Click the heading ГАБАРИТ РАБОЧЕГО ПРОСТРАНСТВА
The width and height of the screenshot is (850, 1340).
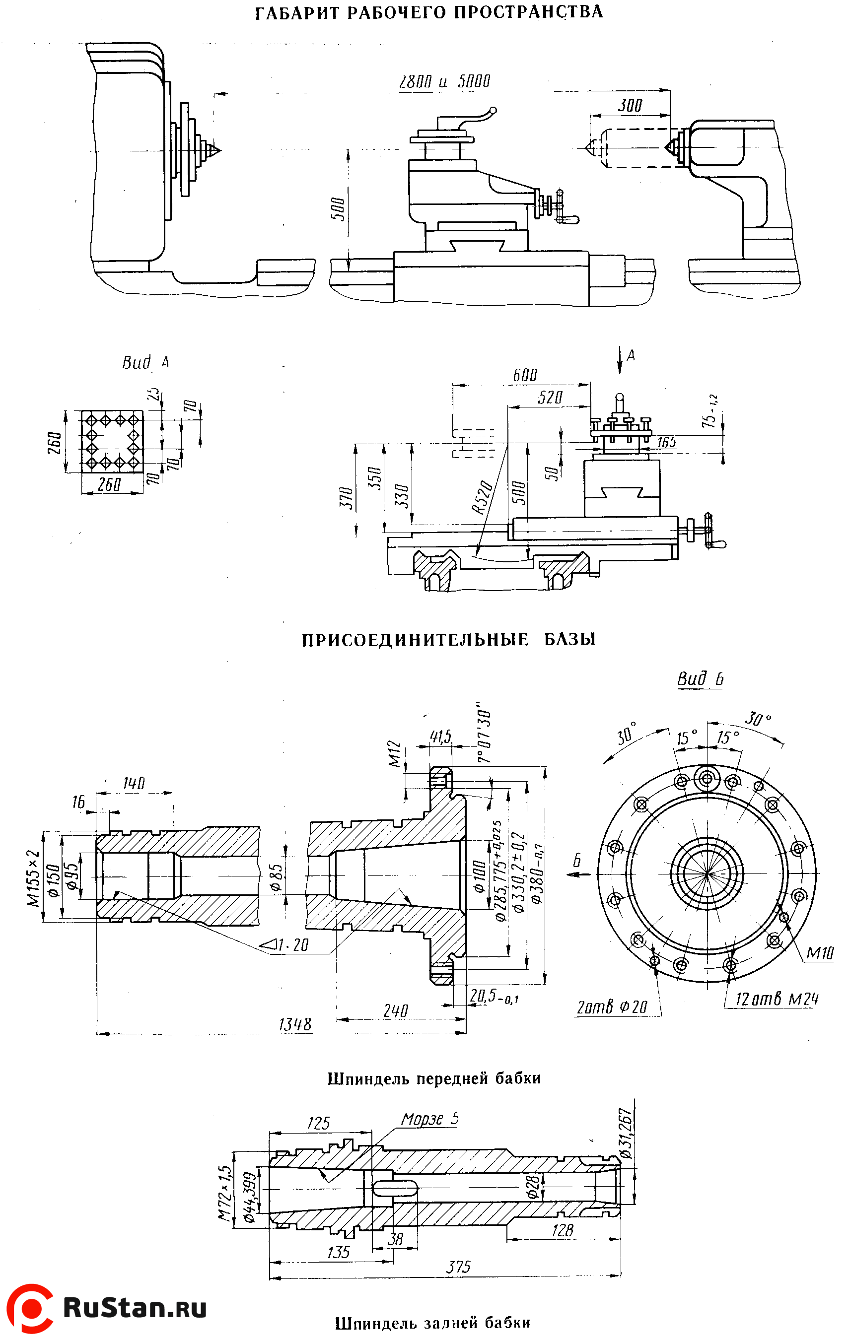pyautogui.click(x=428, y=12)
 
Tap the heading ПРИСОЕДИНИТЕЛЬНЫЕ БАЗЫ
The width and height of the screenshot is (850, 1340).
pyautogui.click(x=448, y=639)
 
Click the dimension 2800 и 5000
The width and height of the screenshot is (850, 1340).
pyautogui.click(x=444, y=82)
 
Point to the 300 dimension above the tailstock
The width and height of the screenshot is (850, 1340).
pyautogui.click(x=630, y=105)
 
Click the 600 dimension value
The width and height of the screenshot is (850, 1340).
pyautogui.click(x=524, y=375)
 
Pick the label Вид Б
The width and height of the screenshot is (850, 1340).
pyautogui.click(x=700, y=679)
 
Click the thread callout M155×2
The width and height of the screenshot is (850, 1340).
pyautogui.click(x=35, y=877)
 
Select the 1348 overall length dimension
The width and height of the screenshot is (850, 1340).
pyautogui.click(x=295, y=1024)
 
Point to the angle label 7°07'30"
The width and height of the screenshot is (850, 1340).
pyautogui.click(x=484, y=736)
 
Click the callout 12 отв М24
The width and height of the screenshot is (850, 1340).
pyautogui.click(x=777, y=1000)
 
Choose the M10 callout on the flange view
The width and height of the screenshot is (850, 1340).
pyautogui.click(x=820, y=953)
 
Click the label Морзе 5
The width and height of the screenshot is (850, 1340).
pyautogui.click(x=430, y=1119)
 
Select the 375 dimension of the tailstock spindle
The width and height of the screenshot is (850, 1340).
pyautogui.click(x=458, y=1268)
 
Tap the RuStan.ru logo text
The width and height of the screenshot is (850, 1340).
pyautogui.click(x=135, y=1307)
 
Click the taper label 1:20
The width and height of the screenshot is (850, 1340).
pyautogui.click(x=292, y=945)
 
